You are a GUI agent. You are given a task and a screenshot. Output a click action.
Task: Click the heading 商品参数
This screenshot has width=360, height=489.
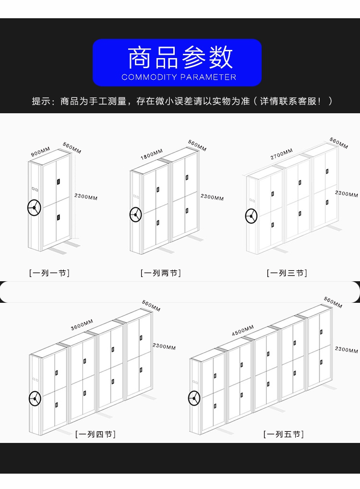tap(180, 58)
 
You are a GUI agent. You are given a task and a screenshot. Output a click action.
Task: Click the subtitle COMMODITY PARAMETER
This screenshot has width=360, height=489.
tap(179, 77)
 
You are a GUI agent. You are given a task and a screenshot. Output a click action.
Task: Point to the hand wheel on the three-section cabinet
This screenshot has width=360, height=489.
tap(251, 216)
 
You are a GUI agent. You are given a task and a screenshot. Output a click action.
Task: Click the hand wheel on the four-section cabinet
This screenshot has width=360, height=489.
tap(35, 398)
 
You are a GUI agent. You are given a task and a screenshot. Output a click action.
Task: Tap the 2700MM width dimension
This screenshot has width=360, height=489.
tap(281, 154)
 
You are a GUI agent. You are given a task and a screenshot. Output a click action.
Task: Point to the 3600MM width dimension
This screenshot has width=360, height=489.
tap(82, 324)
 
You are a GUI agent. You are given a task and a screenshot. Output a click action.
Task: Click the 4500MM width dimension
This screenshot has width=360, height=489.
tap(243, 330)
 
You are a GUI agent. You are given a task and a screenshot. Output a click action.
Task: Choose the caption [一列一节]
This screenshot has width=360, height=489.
tap(49, 273)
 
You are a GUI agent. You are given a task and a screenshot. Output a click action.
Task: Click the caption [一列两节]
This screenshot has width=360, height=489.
tap(160, 273)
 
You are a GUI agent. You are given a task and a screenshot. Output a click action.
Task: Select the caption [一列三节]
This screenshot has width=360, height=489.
tap(287, 273)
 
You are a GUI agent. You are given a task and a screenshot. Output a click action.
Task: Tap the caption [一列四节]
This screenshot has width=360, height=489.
tap(96, 434)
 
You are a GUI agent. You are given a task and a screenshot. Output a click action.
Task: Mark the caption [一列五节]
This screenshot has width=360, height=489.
tap(283, 434)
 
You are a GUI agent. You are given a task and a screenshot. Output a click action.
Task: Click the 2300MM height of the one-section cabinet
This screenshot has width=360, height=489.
tap(86, 197)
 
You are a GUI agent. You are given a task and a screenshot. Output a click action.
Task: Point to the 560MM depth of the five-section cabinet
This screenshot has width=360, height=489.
tap(333, 303)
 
